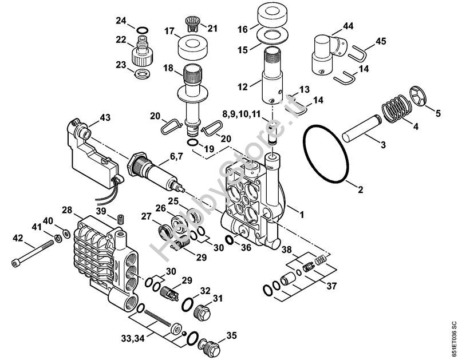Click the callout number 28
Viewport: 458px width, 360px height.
click(67, 211)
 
